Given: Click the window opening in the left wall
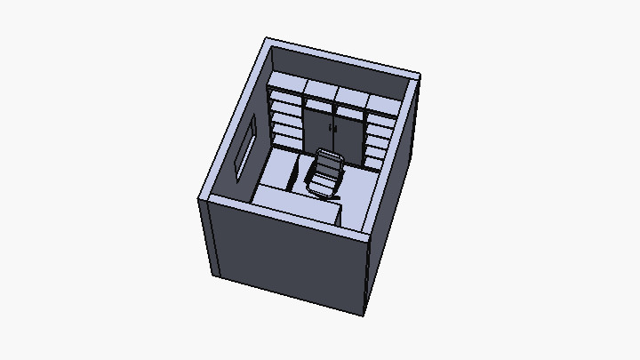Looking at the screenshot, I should (245, 148).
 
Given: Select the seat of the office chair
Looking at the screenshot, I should (321, 185).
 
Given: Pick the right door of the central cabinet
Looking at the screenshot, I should (348, 136).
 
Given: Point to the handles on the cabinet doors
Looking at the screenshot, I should (333, 130).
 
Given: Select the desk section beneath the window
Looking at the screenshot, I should (278, 168).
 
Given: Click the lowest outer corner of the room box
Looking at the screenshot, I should (363, 314).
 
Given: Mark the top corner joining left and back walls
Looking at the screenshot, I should (268, 40).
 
